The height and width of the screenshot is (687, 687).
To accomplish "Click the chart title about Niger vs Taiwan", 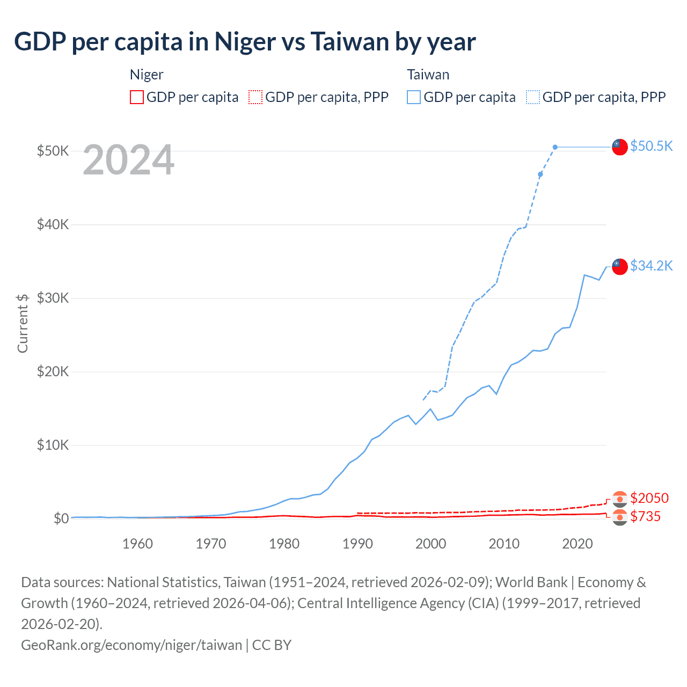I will coord(245,42).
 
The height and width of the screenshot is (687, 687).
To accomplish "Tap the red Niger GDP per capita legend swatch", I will coord(137,97).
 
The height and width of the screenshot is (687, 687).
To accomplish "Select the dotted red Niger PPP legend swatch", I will coord(255,97).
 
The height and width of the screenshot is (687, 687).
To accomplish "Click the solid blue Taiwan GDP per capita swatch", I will coord(414,97).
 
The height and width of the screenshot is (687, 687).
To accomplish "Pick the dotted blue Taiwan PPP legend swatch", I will coord(533,97).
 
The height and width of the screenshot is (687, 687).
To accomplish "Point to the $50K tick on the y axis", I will coord(53,151).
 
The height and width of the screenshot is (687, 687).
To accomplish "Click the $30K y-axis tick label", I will coord(53,298).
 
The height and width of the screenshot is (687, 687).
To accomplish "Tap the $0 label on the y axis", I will coord(61,518).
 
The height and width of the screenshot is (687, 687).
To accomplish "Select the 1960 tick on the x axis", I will coord(137,544).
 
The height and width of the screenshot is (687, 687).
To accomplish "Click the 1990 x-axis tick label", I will coord(357,544).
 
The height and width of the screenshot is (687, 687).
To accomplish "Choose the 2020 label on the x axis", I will coord(577,544).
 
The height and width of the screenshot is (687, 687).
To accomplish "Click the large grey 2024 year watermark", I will coord(128,160).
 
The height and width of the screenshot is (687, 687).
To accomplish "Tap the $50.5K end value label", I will coord(651,146).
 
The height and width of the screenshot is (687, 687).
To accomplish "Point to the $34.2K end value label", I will coord(651,266).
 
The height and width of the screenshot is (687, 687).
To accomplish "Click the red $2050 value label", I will coord(649,498).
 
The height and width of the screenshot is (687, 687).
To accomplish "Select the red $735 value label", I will coord(645,517).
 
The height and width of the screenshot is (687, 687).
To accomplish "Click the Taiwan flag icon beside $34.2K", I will coord(620,266).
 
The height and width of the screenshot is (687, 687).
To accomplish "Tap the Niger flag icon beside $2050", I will coord(620,499).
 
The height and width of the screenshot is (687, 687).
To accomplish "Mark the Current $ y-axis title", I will coord(23,323).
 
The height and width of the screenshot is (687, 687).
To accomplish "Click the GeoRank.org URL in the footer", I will coord(131,645).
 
